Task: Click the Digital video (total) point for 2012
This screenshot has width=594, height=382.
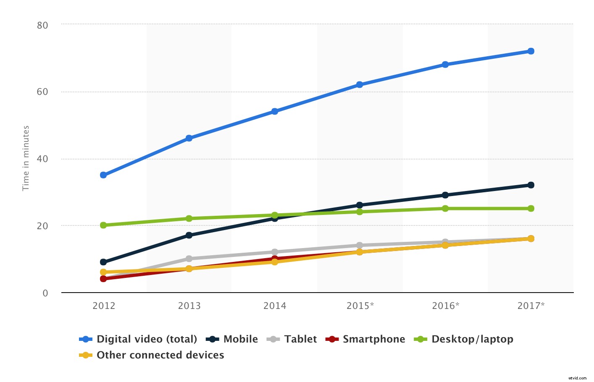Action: coord(103,175)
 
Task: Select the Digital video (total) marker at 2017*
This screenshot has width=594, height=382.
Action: coord(531,51)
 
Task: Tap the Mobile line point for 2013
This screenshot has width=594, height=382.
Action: coord(189,235)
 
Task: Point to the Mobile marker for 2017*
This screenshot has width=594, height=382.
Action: coord(531,185)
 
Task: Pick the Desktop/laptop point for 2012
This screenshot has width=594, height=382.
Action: coord(103,225)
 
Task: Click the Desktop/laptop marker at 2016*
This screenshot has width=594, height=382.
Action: coord(445,209)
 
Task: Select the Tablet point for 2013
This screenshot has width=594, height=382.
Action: coord(189,259)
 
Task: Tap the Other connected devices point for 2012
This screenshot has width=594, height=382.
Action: coord(103,272)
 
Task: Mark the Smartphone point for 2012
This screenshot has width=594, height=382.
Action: coord(103,279)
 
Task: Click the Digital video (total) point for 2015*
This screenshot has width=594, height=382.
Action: coord(360,85)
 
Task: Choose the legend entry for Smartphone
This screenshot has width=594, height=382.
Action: coord(373,339)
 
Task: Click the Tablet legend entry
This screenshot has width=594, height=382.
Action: coord(300,339)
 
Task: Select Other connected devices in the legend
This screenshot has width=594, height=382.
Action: coord(160,355)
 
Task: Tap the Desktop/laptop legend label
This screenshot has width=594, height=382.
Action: coord(472,339)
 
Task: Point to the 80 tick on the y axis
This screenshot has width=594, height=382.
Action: coord(42,25)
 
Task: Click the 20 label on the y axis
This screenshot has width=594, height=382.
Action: coord(42,226)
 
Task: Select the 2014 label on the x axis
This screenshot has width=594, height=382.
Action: coord(275,306)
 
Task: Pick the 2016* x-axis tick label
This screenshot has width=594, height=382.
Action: coord(445,306)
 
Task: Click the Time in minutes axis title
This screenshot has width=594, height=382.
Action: coord(26,158)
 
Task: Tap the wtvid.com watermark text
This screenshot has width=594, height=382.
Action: coord(576,378)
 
